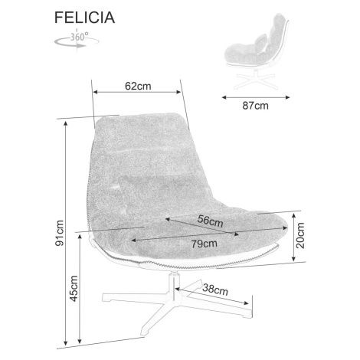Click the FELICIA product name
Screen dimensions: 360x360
pyautogui.click(x=84, y=18)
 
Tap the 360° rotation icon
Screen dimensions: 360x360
pyautogui.click(x=77, y=41)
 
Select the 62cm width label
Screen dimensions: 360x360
pyautogui.click(x=138, y=86)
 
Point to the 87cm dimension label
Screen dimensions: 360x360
pyautogui.click(x=255, y=106)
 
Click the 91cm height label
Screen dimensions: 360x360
pyautogui.click(x=60, y=233)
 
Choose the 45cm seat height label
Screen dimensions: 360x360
pyautogui.click(x=74, y=289)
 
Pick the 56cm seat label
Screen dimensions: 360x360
pyautogui.click(x=211, y=221)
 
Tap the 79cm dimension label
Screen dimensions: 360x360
pyautogui.click(x=205, y=244)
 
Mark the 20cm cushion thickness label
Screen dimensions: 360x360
pyautogui.click(x=301, y=235)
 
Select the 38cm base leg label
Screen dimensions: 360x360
pyautogui.click(x=215, y=290)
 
